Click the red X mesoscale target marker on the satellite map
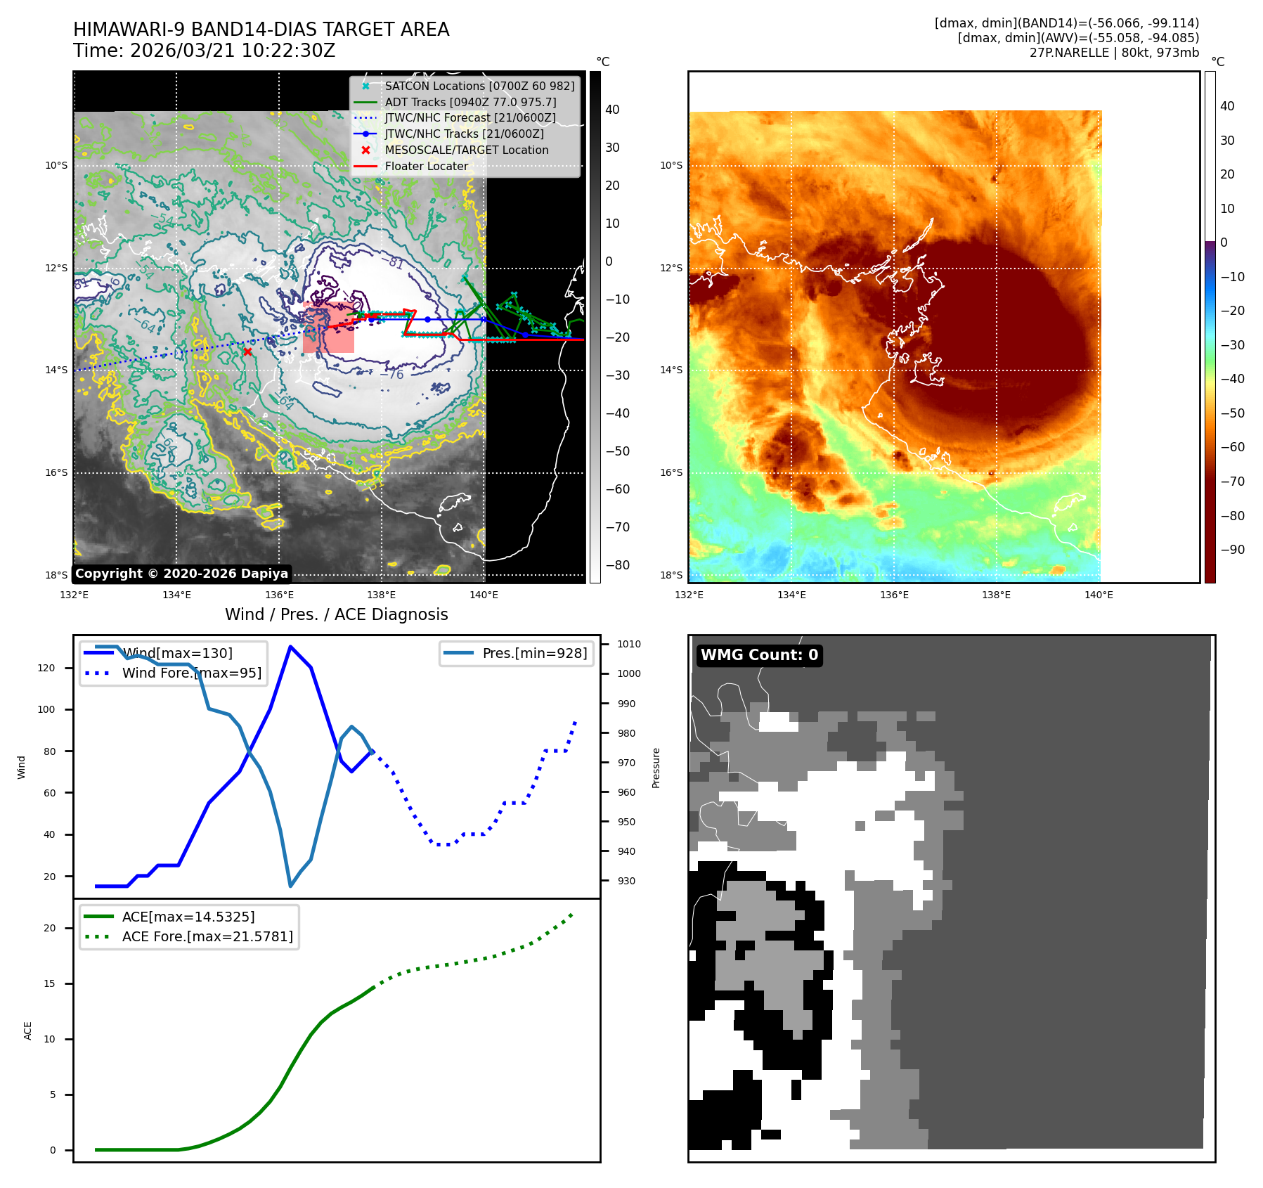247,351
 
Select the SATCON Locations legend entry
479,86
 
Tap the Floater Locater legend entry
426,167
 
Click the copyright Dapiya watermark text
181,574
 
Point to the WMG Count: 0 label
759,655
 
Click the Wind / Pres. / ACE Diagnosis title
336,614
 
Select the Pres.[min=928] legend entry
534,653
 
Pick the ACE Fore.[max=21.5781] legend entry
207,936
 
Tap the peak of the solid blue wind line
290,647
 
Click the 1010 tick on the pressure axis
629,644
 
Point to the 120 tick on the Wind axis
46,668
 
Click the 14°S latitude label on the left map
56,370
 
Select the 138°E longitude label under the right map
996,595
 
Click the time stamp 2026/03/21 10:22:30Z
233,51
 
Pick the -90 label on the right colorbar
1232,550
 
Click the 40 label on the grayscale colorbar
612,110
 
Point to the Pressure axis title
656,768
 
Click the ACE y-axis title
28,1031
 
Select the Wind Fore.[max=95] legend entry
191,673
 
